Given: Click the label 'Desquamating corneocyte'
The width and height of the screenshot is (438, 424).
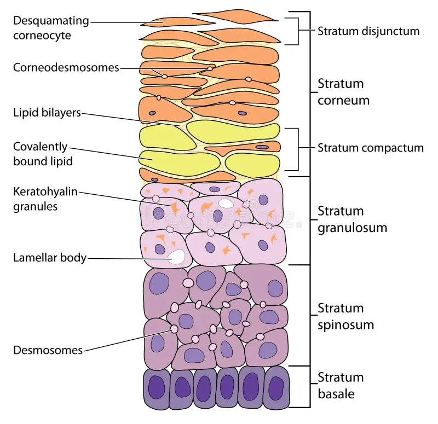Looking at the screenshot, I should click(x=50, y=28).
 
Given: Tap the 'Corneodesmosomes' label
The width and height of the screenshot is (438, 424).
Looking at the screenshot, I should click(x=66, y=68).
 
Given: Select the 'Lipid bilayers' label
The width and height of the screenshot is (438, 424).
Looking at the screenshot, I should click(x=47, y=113).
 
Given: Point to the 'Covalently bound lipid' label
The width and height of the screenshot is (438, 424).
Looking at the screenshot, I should click(x=43, y=154).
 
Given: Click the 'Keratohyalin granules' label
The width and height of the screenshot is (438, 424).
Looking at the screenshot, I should click(x=45, y=199).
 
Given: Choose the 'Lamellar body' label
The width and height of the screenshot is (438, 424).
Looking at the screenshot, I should click(x=50, y=258).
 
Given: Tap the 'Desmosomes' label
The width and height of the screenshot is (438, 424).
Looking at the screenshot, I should click(x=48, y=350).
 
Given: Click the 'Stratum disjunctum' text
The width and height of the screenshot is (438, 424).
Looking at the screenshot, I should click(x=368, y=31).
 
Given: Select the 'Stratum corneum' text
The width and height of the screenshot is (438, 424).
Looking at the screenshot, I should click(x=343, y=92).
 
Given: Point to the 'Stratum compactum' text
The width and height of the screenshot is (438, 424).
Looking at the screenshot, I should click(x=371, y=148).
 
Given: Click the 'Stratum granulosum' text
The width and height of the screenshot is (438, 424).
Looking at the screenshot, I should click(x=352, y=219).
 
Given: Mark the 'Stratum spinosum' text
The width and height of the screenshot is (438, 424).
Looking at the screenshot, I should click(x=345, y=316).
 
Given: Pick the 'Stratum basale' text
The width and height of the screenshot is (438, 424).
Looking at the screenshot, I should click(x=341, y=385).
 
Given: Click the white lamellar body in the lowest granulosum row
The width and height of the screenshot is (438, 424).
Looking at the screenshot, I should click(x=177, y=257).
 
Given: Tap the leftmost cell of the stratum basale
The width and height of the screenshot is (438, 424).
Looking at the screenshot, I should click(x=157, y=388).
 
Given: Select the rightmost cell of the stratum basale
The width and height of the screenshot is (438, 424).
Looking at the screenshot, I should click(x=276, y=388).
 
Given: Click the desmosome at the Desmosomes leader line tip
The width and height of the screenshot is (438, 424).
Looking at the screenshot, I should click(x=175, y=329).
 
